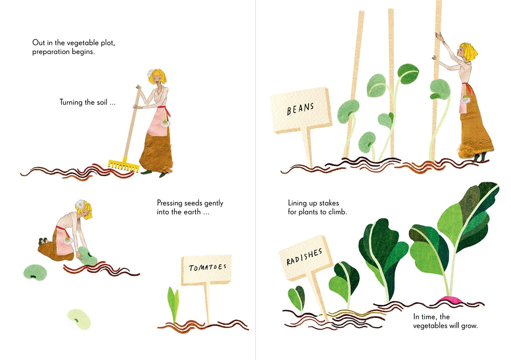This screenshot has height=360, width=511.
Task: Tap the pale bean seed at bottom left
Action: [80, 319]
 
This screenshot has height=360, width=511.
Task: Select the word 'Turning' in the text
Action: [72, 102]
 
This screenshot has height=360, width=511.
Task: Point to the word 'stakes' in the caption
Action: [329, 203]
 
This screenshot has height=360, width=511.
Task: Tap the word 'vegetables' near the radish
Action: [432, 326]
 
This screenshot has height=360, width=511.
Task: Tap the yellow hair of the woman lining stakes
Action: [469, 50]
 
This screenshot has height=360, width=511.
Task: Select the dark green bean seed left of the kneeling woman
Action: [35, 272]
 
